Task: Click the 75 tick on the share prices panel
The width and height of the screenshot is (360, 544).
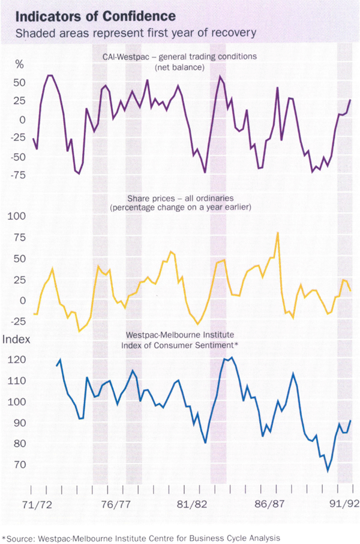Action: [x=20, y=237]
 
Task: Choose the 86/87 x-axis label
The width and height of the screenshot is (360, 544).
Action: [x=270, y=505]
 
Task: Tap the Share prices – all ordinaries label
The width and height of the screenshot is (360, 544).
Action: [x=179, y=202]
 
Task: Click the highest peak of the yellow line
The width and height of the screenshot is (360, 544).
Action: [x=278, y=232]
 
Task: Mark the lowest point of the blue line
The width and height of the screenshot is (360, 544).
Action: [x=328, y=470]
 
